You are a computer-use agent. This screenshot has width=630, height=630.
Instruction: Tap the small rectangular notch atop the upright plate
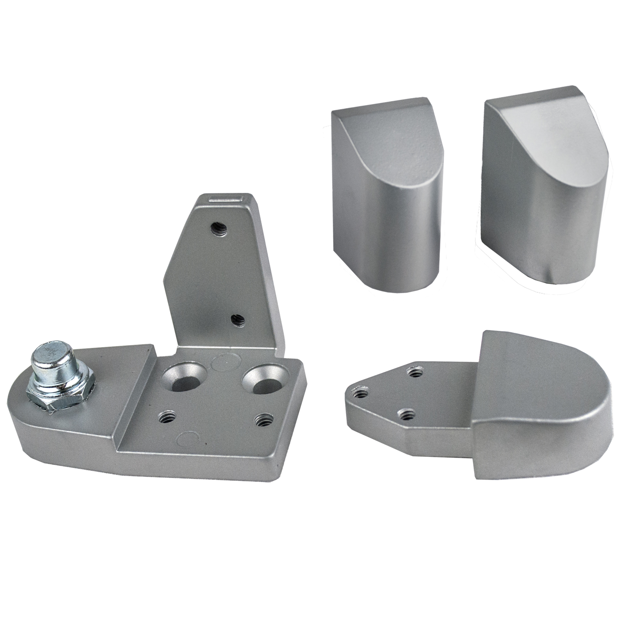pyautogui.click(x=226, y=198)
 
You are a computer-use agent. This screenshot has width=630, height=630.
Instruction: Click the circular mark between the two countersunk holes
pyautogui.click(x=226, y=361)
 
